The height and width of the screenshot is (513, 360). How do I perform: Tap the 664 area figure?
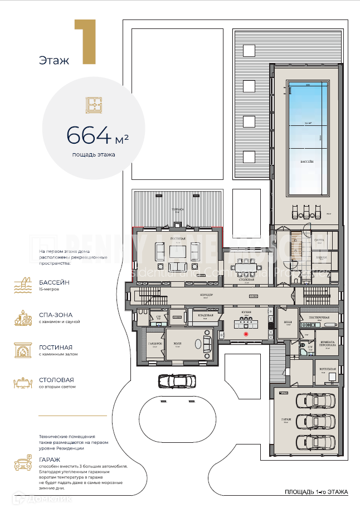pyautogui.click(x=89, y=134)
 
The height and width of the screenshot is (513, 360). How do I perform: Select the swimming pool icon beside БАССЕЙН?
pyautogui.click(x=23, y=285)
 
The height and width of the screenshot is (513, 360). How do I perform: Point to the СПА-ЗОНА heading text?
pyautogui.click(x=56, y=315)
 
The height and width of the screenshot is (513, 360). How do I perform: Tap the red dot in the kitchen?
pyautogui.click(x=246, y=334)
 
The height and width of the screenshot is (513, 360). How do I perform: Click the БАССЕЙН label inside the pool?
pyautogui.click(x=307, y=160)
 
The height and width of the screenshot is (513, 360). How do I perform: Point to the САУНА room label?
pyautogui.click(x=319, y=240)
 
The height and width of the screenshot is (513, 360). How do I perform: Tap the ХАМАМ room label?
pyautogui.click(x=321, y=258)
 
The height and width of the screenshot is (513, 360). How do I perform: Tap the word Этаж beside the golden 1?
pyautogui.click(x=54, y=60)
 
